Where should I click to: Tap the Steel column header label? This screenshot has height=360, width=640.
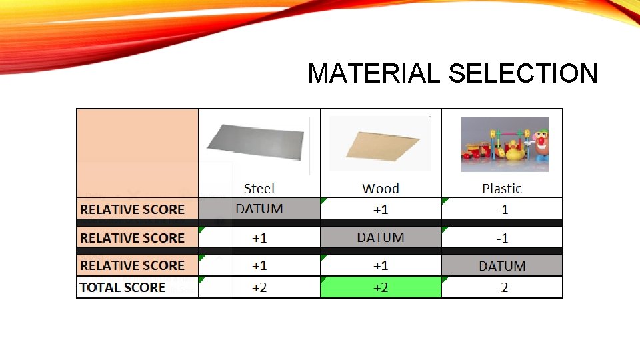click(259, 189)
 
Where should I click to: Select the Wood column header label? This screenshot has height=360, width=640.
click(381, 189)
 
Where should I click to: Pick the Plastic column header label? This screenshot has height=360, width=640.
click(502, 189)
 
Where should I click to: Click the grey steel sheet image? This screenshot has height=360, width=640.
click(256, 142)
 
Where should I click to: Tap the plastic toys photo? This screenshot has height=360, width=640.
click(505, 145)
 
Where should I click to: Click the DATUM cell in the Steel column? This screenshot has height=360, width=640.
click(259, 209)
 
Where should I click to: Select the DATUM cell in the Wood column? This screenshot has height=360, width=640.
click(381, 237)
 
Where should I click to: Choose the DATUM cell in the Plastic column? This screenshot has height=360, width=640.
click(502, 266)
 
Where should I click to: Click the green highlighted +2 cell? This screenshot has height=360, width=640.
click(381, 287)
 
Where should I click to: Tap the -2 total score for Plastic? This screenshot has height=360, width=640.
click(502, 287)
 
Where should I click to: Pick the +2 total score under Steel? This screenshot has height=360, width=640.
click(259, 287)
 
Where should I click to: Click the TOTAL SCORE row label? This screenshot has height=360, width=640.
click(123, 287)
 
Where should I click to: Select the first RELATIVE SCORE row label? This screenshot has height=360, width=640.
click(132, 209)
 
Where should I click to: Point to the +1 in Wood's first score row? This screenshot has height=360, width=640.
click(381, 209)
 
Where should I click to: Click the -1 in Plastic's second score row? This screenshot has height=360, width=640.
click(502, 238)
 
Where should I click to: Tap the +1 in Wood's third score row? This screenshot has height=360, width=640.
click(381, 265)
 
